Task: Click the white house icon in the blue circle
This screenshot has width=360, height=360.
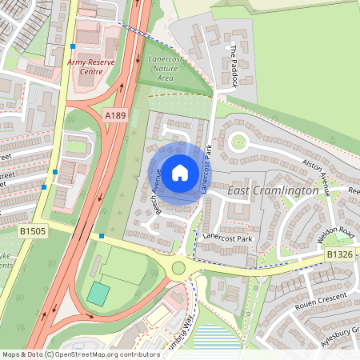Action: (x=180, y=172)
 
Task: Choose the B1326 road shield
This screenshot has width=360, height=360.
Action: (x=338, y=254)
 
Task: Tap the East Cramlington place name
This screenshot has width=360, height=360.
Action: (x=273, y=191)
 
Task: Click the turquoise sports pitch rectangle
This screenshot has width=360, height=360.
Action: (x=97, y=293)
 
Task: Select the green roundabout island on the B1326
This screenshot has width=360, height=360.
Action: (x=178, y=268)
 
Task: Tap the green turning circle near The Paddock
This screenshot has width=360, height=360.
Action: (x=238, y=142)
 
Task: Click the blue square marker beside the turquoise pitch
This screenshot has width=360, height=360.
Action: (x=102, y=236)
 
